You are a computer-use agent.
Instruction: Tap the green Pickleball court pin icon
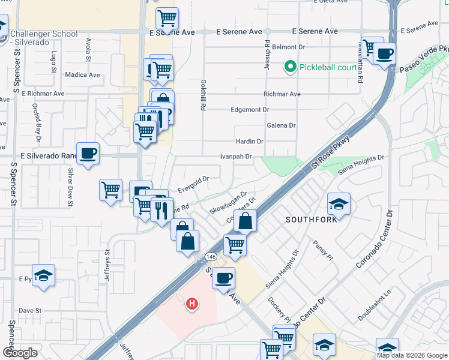pyautogui.click(x=291, y=67)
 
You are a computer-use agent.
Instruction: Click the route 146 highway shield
pyautogui.click(x=211, y=256)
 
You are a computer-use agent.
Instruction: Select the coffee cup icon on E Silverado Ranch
pyautogui.click(x=88, y=154)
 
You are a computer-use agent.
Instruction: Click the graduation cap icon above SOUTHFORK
pyautogui.click(x=339, y=204)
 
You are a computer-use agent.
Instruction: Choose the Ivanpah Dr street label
pyautogui.click(x=236, y=157)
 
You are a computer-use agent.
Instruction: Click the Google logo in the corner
pyautogui.click(x=20, y=353)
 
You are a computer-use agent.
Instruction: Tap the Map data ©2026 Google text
pyautogui.click(x=412, y=355)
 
